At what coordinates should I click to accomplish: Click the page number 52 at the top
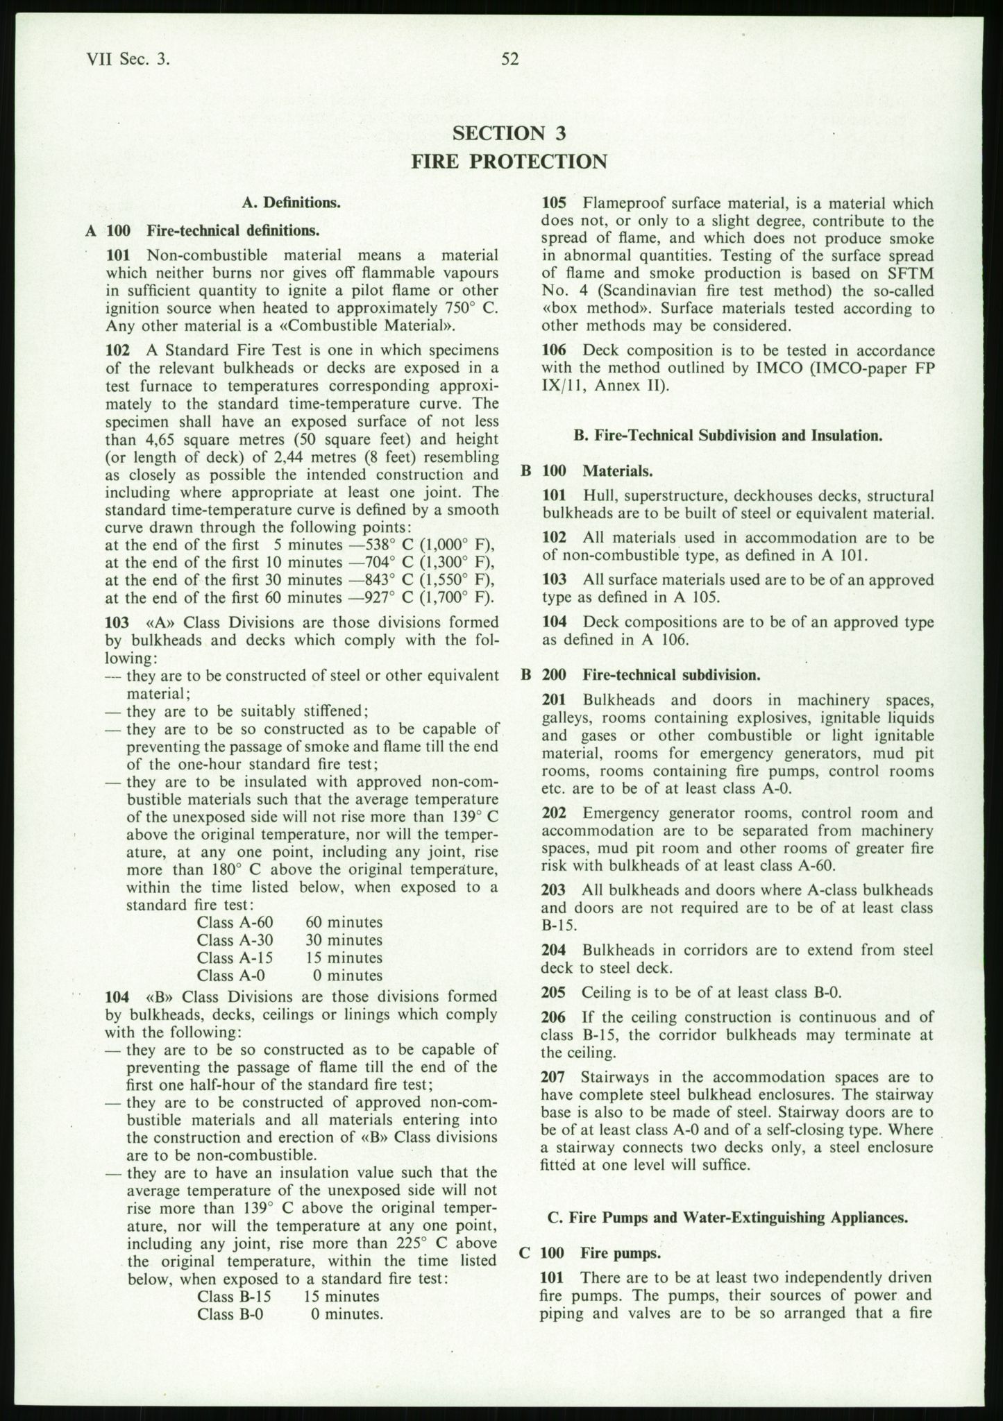[x=510, y=60]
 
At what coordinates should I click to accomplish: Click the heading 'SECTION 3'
[x=509, y=133]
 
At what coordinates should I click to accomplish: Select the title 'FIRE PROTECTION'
[x=509, y=162]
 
